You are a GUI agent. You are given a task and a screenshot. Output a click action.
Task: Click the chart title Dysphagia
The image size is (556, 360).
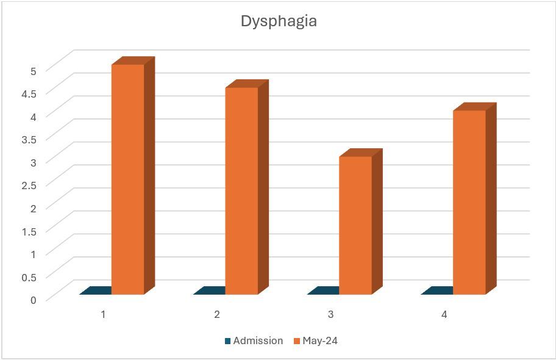point(279,21)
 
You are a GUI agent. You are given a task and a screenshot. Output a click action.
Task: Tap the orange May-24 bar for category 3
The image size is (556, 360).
point(355,225)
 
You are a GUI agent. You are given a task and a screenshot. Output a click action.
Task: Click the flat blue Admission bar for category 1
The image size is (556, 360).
point(96,291)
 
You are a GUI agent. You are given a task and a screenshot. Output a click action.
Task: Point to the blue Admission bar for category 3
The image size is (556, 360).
point(324,291)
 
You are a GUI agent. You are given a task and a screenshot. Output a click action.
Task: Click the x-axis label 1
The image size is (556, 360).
point(104,315)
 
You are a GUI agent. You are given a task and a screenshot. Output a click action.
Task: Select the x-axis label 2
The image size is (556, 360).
point(217,315)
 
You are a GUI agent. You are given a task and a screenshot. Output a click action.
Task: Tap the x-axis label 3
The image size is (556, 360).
point(331,315)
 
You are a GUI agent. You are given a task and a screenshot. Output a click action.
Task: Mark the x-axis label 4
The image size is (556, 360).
point(444,315)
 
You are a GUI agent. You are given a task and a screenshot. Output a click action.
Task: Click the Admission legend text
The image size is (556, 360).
point(258,341)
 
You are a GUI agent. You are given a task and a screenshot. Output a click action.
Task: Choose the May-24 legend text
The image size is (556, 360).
point(320,341)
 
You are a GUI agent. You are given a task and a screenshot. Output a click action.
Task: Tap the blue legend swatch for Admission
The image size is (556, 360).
point(228,341)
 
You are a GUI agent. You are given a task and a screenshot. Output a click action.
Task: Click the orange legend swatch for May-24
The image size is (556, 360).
point(297,341)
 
